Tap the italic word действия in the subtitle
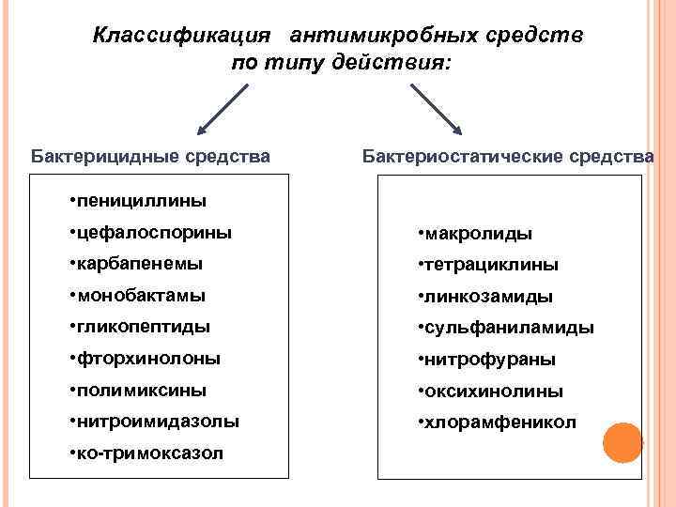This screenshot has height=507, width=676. point(392,63)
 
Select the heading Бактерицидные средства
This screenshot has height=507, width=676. point(150,156)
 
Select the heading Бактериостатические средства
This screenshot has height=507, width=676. point(507,156)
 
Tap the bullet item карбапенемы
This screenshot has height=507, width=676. point(143,264)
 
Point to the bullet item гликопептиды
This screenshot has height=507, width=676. point(146,327)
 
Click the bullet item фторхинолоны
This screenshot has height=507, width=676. point(150,359)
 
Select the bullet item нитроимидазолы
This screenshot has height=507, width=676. point(160,422)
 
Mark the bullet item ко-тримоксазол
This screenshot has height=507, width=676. point(152,453)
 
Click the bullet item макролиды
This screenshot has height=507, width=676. point(478,233)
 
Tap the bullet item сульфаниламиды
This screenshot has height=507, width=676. point(508,328)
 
